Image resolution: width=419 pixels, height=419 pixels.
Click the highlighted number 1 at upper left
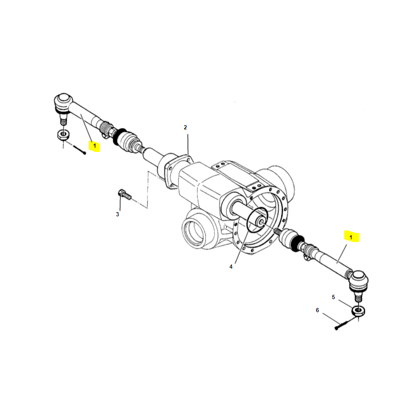click(94, 146)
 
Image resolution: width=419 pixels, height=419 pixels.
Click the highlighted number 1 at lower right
click(351, 237)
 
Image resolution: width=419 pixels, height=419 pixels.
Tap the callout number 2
click(185, 127)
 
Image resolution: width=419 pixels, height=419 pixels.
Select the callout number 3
click(117, 214)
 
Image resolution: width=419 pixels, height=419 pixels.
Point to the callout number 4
click(231, 267)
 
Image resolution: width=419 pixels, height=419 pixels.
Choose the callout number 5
click(333, 297)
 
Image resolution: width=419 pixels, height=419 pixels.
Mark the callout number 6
click(317, 310)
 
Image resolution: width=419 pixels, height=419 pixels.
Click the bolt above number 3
click(124, 194)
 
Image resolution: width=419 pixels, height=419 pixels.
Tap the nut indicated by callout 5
click(358, 311)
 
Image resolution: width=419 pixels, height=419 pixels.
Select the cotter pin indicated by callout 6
click(345, 323)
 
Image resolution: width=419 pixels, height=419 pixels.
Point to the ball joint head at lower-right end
click(359, 281)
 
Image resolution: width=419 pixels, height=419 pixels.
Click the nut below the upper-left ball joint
click(63, 135)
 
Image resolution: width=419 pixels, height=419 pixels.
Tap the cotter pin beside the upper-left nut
click(80, 150)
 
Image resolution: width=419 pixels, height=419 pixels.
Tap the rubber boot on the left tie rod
click(127, 141)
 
